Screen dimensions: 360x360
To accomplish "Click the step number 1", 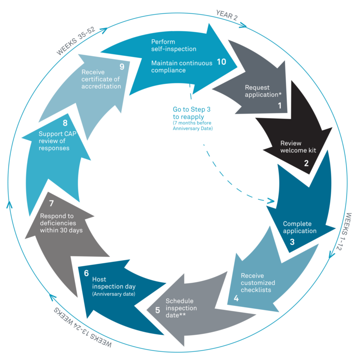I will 279,105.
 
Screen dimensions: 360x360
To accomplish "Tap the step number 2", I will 306,163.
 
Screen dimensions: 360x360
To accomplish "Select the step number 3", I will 292,241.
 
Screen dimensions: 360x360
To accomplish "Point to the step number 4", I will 236,298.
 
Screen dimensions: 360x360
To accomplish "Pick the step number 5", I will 157,310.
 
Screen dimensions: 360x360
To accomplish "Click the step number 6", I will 86,273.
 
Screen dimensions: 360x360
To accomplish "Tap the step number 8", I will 65,123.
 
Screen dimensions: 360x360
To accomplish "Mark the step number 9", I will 122,66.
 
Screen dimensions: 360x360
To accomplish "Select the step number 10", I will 221,62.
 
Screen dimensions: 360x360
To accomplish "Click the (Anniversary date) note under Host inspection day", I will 114,294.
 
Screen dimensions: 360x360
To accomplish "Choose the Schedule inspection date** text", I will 181,308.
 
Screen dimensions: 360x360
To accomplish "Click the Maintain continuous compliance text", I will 181,66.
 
